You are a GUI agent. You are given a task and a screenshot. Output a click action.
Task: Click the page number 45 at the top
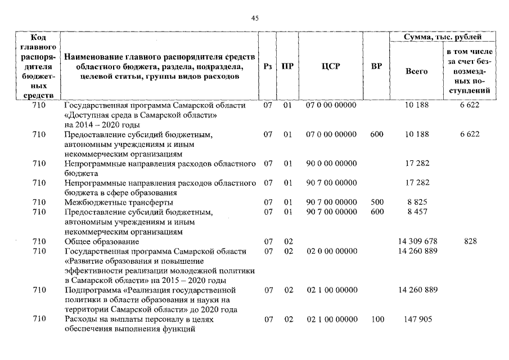pos(254,19)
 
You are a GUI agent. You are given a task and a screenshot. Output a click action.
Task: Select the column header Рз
pos(268,66)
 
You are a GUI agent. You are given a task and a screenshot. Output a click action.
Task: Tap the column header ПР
pos(287,66)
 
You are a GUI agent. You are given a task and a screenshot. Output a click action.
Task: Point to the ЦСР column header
pos(330,66)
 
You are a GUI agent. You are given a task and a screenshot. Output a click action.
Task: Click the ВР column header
pos(376,66)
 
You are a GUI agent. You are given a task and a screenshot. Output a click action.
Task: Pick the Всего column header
pos(416,71)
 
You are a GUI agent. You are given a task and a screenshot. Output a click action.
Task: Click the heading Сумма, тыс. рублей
pos(443,37)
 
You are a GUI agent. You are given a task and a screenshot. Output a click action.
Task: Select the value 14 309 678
pos(417,241)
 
